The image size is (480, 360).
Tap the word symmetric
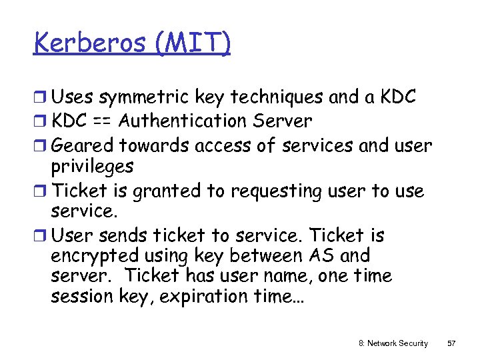point(144,97)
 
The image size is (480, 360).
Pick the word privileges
point(92,166)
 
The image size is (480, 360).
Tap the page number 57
point(451,343)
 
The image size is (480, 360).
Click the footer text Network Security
point(398,343)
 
